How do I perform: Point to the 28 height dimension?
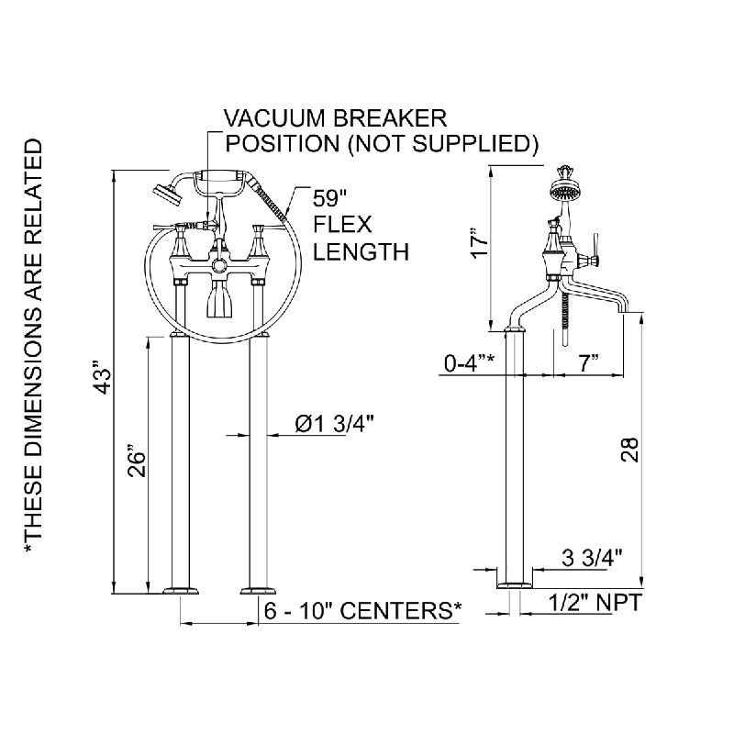[629, 450]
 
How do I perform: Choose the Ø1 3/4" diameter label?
[335, 424]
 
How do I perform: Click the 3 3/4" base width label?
[592, 558]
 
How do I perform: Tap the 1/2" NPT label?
[595, 603]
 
